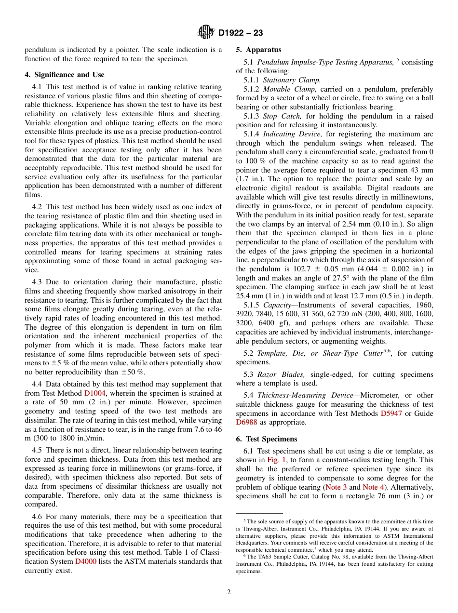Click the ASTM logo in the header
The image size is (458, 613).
pos(206,33)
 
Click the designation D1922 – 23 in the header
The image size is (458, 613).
pos(241,33)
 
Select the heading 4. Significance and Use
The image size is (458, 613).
pos(65,75)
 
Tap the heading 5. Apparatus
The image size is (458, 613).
pos(258,50)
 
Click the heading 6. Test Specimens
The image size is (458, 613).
pos(267,439)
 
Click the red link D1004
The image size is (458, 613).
pos(94,393)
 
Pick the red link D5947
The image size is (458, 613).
pos(391,413)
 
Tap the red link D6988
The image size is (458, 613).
pos(247,423)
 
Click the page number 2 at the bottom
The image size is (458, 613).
pos(229,592)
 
